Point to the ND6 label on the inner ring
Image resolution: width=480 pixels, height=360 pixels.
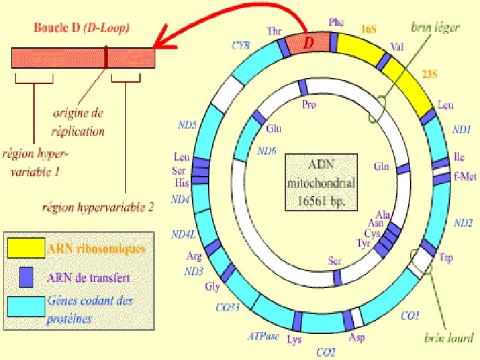point(267,151)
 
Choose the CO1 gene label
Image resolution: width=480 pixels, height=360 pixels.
point(410,315)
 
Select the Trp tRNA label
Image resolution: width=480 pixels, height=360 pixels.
point(446,257)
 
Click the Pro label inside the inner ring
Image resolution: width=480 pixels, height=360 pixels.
point(309,105)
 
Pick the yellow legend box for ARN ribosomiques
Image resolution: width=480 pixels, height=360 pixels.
point(25,249)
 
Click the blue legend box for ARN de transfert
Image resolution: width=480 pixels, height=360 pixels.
point(25,276)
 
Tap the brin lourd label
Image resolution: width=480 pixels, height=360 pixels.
point(449,338)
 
